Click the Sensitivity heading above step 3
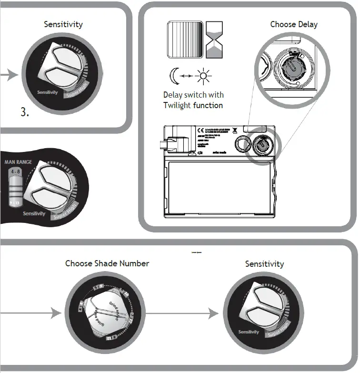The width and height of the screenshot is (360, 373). pos(63,24)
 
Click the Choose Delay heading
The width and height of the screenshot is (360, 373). pos(293,24)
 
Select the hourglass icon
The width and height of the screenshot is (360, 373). pos(214,40)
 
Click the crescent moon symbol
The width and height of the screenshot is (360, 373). pos(173,75)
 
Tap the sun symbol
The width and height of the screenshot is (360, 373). pos(204,75)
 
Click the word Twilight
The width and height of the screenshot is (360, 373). pos(177,105)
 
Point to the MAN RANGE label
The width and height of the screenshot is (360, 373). pos(18,162)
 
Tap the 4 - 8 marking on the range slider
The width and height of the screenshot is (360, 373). pos(15,171)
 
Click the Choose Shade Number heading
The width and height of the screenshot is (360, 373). pos(107,263)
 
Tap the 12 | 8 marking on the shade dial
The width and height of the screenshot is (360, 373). pos(109,338)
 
